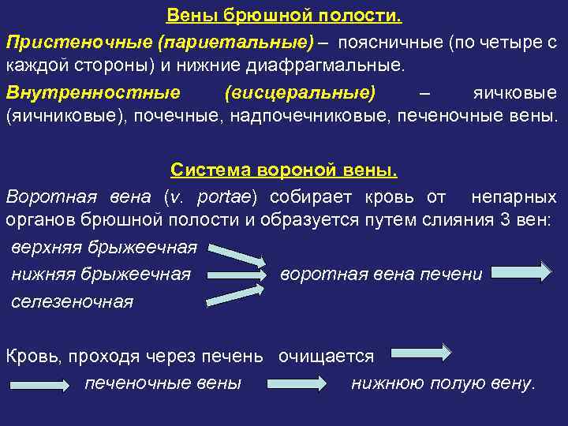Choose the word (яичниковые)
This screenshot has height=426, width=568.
click(56, 117)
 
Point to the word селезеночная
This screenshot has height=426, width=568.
click(73, 301)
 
